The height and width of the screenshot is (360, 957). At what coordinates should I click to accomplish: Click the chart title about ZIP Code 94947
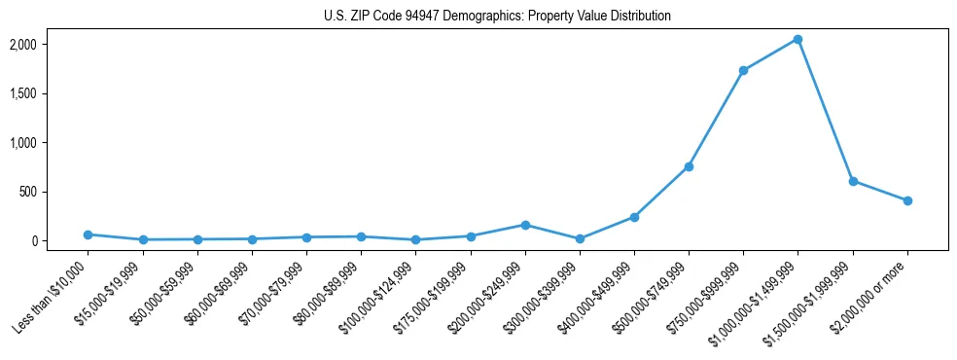pos(497,17)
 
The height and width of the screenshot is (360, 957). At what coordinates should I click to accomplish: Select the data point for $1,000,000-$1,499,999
pos(797,40)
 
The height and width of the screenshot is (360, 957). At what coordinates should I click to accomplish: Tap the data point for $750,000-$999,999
pos(743,71)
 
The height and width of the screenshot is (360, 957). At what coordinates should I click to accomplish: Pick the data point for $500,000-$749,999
pos(689,166)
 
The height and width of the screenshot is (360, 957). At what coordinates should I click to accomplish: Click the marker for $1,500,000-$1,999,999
pos(853,181)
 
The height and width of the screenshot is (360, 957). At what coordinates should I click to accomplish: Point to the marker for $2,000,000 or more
pos(907,200)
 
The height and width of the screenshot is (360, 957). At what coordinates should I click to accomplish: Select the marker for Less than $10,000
pos(89,234)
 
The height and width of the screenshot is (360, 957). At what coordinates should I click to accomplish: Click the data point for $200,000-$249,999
pos(525,225)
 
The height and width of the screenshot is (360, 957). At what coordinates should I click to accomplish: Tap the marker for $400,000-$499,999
pos(634,217)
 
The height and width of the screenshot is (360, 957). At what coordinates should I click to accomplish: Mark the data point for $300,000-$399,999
pos(580,238)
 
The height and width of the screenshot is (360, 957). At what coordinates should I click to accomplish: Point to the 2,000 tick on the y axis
pos(51,45)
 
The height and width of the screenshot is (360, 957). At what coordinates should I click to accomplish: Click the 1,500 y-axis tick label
pos(51,93)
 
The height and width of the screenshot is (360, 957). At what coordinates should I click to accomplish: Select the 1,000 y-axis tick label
pos(51,143)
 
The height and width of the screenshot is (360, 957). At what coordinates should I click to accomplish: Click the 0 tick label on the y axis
pos(62,240)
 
